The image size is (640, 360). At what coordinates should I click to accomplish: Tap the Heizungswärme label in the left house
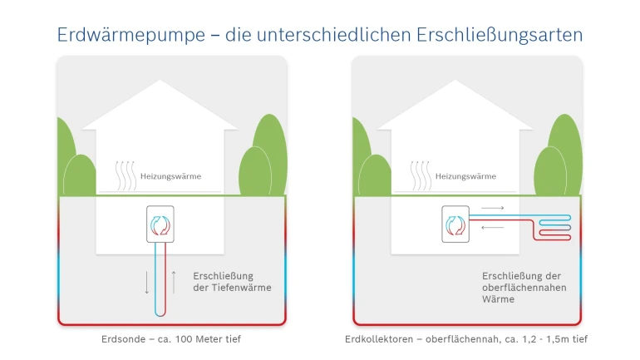170,176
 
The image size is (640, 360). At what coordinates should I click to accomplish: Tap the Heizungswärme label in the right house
465,176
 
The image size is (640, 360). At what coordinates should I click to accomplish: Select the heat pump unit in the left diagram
160,224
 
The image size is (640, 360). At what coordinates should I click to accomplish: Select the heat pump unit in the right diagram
455,224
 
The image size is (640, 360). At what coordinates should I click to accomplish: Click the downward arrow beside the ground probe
147,282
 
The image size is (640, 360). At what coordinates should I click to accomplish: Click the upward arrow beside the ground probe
173,282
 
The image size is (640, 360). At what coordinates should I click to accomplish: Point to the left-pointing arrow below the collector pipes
493,227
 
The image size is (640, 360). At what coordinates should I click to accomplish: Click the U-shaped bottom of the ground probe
160,313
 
